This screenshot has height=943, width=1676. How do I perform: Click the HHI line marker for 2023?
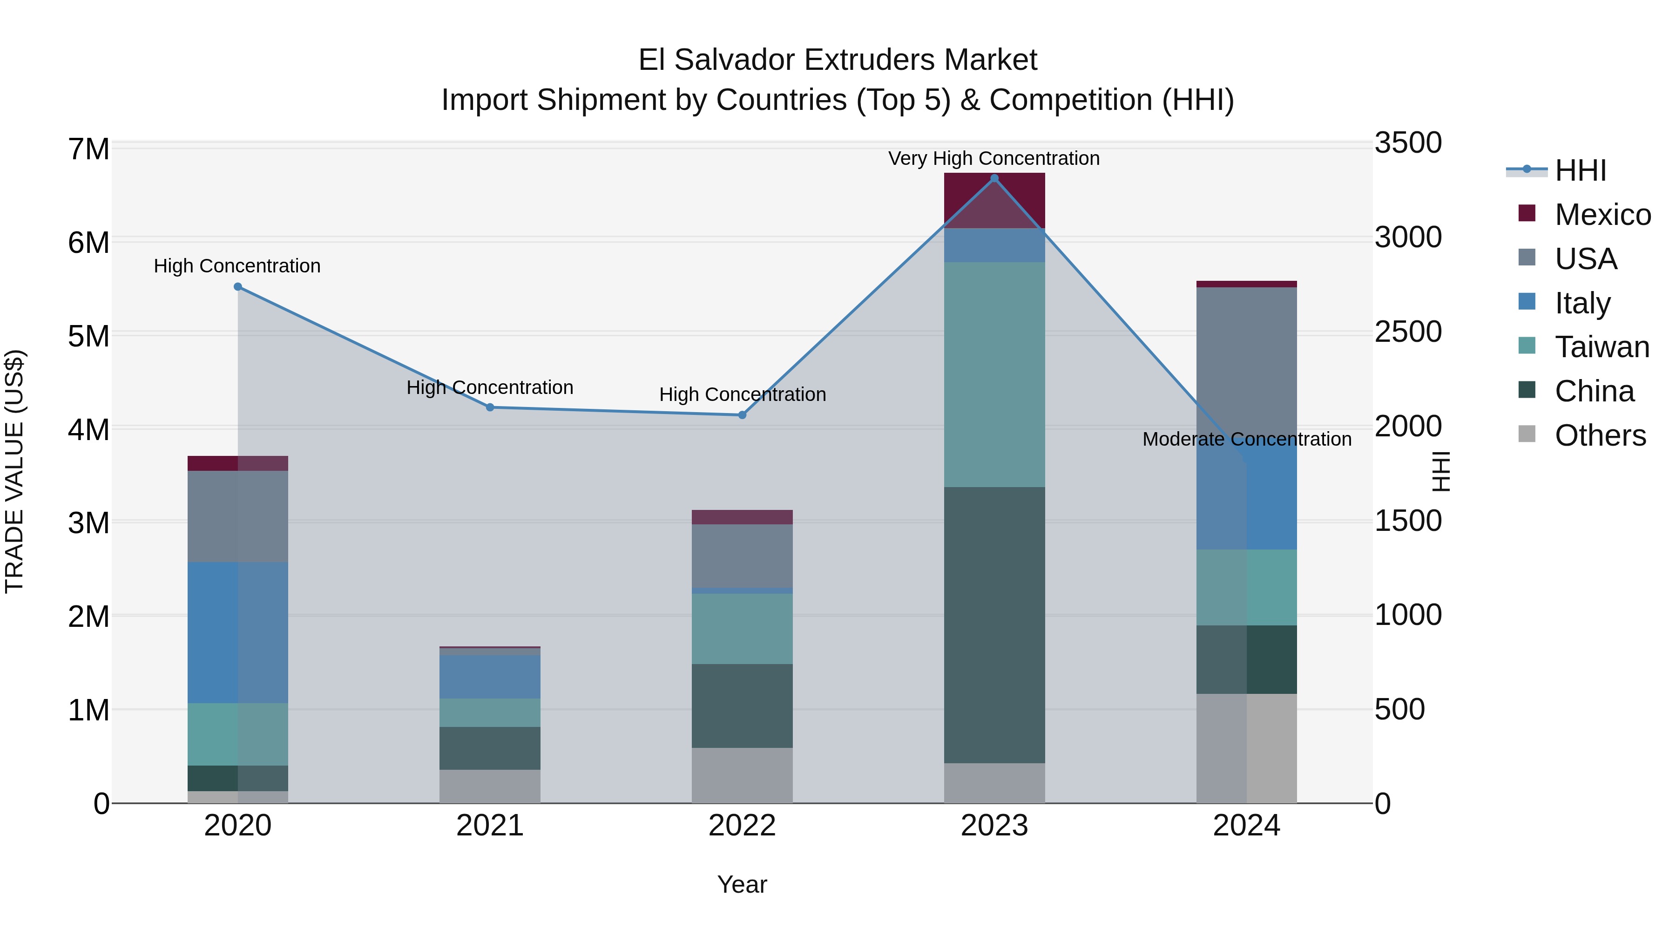[x=994, y=178]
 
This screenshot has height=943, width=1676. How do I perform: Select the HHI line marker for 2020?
[x=237, y=287]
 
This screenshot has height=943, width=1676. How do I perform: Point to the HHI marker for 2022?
[x=743, y=415]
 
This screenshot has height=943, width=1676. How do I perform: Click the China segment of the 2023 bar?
[x=994, y=625]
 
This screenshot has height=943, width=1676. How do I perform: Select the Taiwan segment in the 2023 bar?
[x=994, y=374]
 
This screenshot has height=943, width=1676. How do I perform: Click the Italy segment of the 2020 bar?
[x=237, y=632]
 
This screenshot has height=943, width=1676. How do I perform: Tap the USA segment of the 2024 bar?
[x=1247, y=361]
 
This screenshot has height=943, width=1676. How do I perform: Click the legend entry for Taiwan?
[x=1602, y=347]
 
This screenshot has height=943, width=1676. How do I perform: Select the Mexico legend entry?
[x=1602, y=215]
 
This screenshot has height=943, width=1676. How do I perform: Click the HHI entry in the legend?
[x=1581, y=170]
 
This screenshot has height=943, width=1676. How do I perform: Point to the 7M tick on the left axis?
[x=89, y=149]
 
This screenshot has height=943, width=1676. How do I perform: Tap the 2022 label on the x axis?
[x=743, y=826]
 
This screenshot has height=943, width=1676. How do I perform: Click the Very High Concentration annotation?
[x=994, y=158]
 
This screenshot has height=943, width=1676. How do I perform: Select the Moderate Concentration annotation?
[x=1247, y=439]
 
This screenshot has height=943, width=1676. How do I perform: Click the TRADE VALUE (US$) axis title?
[x=14, y=471]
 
